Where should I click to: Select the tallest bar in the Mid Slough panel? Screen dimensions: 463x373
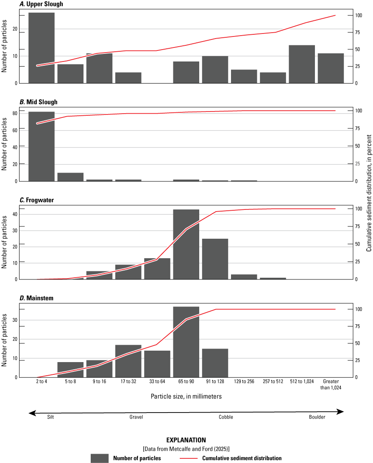click(x=42, y=146)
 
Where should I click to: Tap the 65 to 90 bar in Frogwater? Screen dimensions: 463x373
click(x=186, y=244)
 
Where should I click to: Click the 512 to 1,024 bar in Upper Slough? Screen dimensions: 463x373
click(x=302, y=64)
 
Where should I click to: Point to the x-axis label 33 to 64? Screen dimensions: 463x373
click(x=157, y=382)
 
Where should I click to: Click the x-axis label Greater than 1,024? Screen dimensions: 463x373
click(x=331, y=384)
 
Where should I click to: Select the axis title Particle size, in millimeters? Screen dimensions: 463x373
click(x=186, y=396)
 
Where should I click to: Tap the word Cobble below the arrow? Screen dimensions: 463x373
click(x=225, y=417)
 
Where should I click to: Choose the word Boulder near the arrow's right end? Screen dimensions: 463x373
click(x=317, y=417)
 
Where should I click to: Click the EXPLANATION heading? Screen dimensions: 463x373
click(x=186, y=440)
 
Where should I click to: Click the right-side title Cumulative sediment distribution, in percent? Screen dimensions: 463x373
click(x=369, y=193)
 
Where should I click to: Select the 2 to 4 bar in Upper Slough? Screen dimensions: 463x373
click(x=42, y=48)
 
